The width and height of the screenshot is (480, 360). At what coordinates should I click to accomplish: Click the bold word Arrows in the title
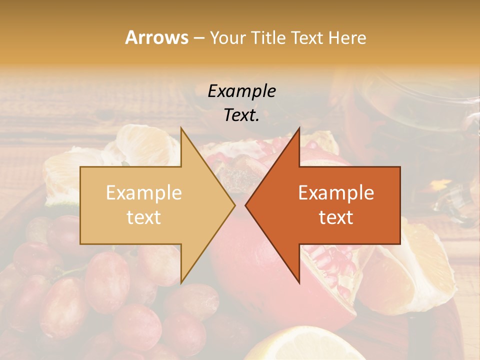tap(156, 37)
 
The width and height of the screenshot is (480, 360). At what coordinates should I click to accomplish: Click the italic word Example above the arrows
tap(241, 91)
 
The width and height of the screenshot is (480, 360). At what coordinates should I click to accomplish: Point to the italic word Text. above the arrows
tap(241, 115)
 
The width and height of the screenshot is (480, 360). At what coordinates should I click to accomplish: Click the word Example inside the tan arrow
tap(143, 193)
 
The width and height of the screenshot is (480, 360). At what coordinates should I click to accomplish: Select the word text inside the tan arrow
tap(143, 217)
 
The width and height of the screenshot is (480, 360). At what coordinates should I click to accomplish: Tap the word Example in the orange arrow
tap(336, 193)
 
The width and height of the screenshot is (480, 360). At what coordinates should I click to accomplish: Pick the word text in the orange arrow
tap(336, 217)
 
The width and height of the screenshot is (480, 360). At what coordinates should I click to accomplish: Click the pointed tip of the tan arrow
tap(234, 205)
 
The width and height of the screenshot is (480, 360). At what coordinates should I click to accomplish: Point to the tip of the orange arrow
tap(246, 205)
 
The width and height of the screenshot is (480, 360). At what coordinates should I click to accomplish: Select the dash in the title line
tap(198, 38)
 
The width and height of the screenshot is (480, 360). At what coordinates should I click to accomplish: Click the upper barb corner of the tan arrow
tap(181, 128)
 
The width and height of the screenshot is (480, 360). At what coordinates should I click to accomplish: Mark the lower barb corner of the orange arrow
tap(299, 282)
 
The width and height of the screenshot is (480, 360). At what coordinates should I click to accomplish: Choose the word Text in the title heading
tap(310, 38)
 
